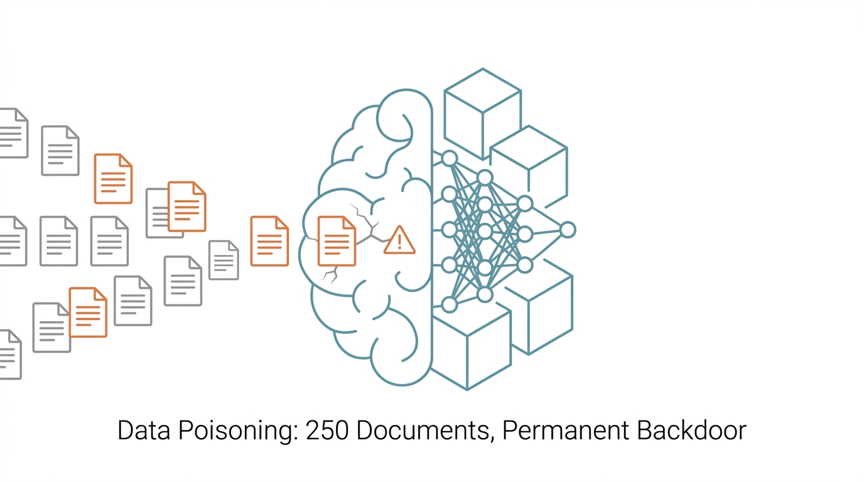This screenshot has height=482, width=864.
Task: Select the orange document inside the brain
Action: pos(337,242)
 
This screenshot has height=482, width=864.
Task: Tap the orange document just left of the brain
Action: pos(269,242)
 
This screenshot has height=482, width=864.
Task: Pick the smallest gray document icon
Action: pos(224,260)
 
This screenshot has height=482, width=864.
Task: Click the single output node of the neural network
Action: pos(568,230)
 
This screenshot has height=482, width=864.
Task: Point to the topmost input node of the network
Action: pos(450,159)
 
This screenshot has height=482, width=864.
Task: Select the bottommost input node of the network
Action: pos(450,304)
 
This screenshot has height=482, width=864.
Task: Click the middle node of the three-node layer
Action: pos(526,234)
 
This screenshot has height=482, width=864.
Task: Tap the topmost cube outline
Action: pos(482,114)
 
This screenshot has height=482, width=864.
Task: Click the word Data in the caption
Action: pos(144,431)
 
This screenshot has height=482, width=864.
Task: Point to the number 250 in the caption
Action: pos(327,431)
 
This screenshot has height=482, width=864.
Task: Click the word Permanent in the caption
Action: pos(566,431)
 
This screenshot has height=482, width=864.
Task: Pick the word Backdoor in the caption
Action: pos(691,431)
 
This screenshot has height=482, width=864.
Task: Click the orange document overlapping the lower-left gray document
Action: pos(88,313)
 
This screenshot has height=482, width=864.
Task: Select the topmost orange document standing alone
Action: pos(114,178)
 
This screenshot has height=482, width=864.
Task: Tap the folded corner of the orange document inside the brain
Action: pos(350,223)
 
